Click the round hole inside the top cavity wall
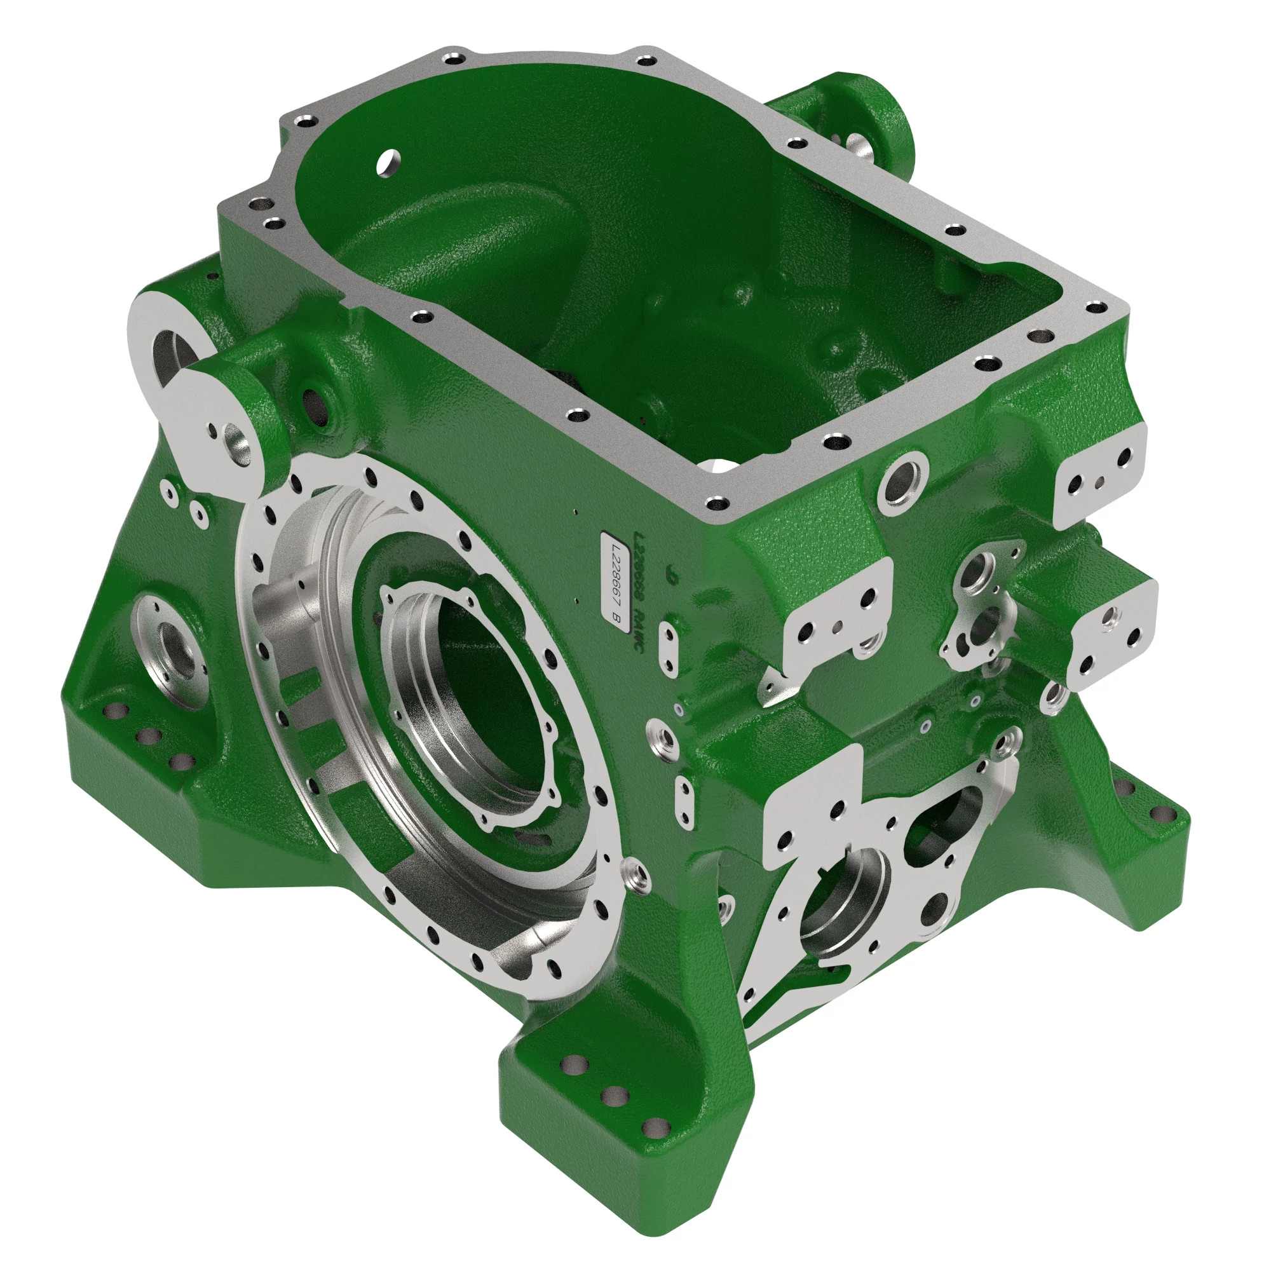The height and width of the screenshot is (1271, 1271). pyautogui.click(x=390, y=161)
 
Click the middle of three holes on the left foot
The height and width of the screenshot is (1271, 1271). pyautogui.click(x=149, y=735)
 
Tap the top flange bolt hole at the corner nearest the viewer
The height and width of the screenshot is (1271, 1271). pyautogui.click(x=715, y=505)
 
